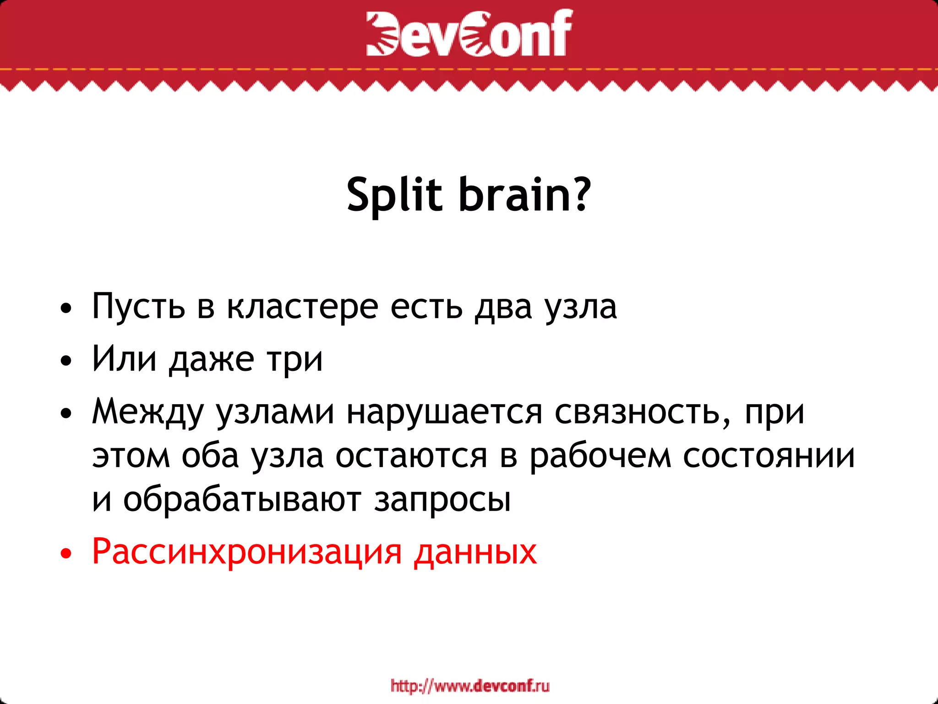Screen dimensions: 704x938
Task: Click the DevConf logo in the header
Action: pyautogui.click(x=469, y=33)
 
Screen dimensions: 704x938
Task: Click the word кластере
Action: pyautogui.click(x=303, y=306)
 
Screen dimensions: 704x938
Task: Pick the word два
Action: pyautogui.click(x=503, y=306)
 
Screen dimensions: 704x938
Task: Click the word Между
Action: pyautogui.click(x=147, y=412)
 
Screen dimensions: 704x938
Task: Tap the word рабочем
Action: pyautogui.click(x=600, y=457)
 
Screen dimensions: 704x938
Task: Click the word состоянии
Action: pyautogui.click(x=769, y=456)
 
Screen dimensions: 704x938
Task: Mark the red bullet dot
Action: pyautogui.click(x=66, y=554)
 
